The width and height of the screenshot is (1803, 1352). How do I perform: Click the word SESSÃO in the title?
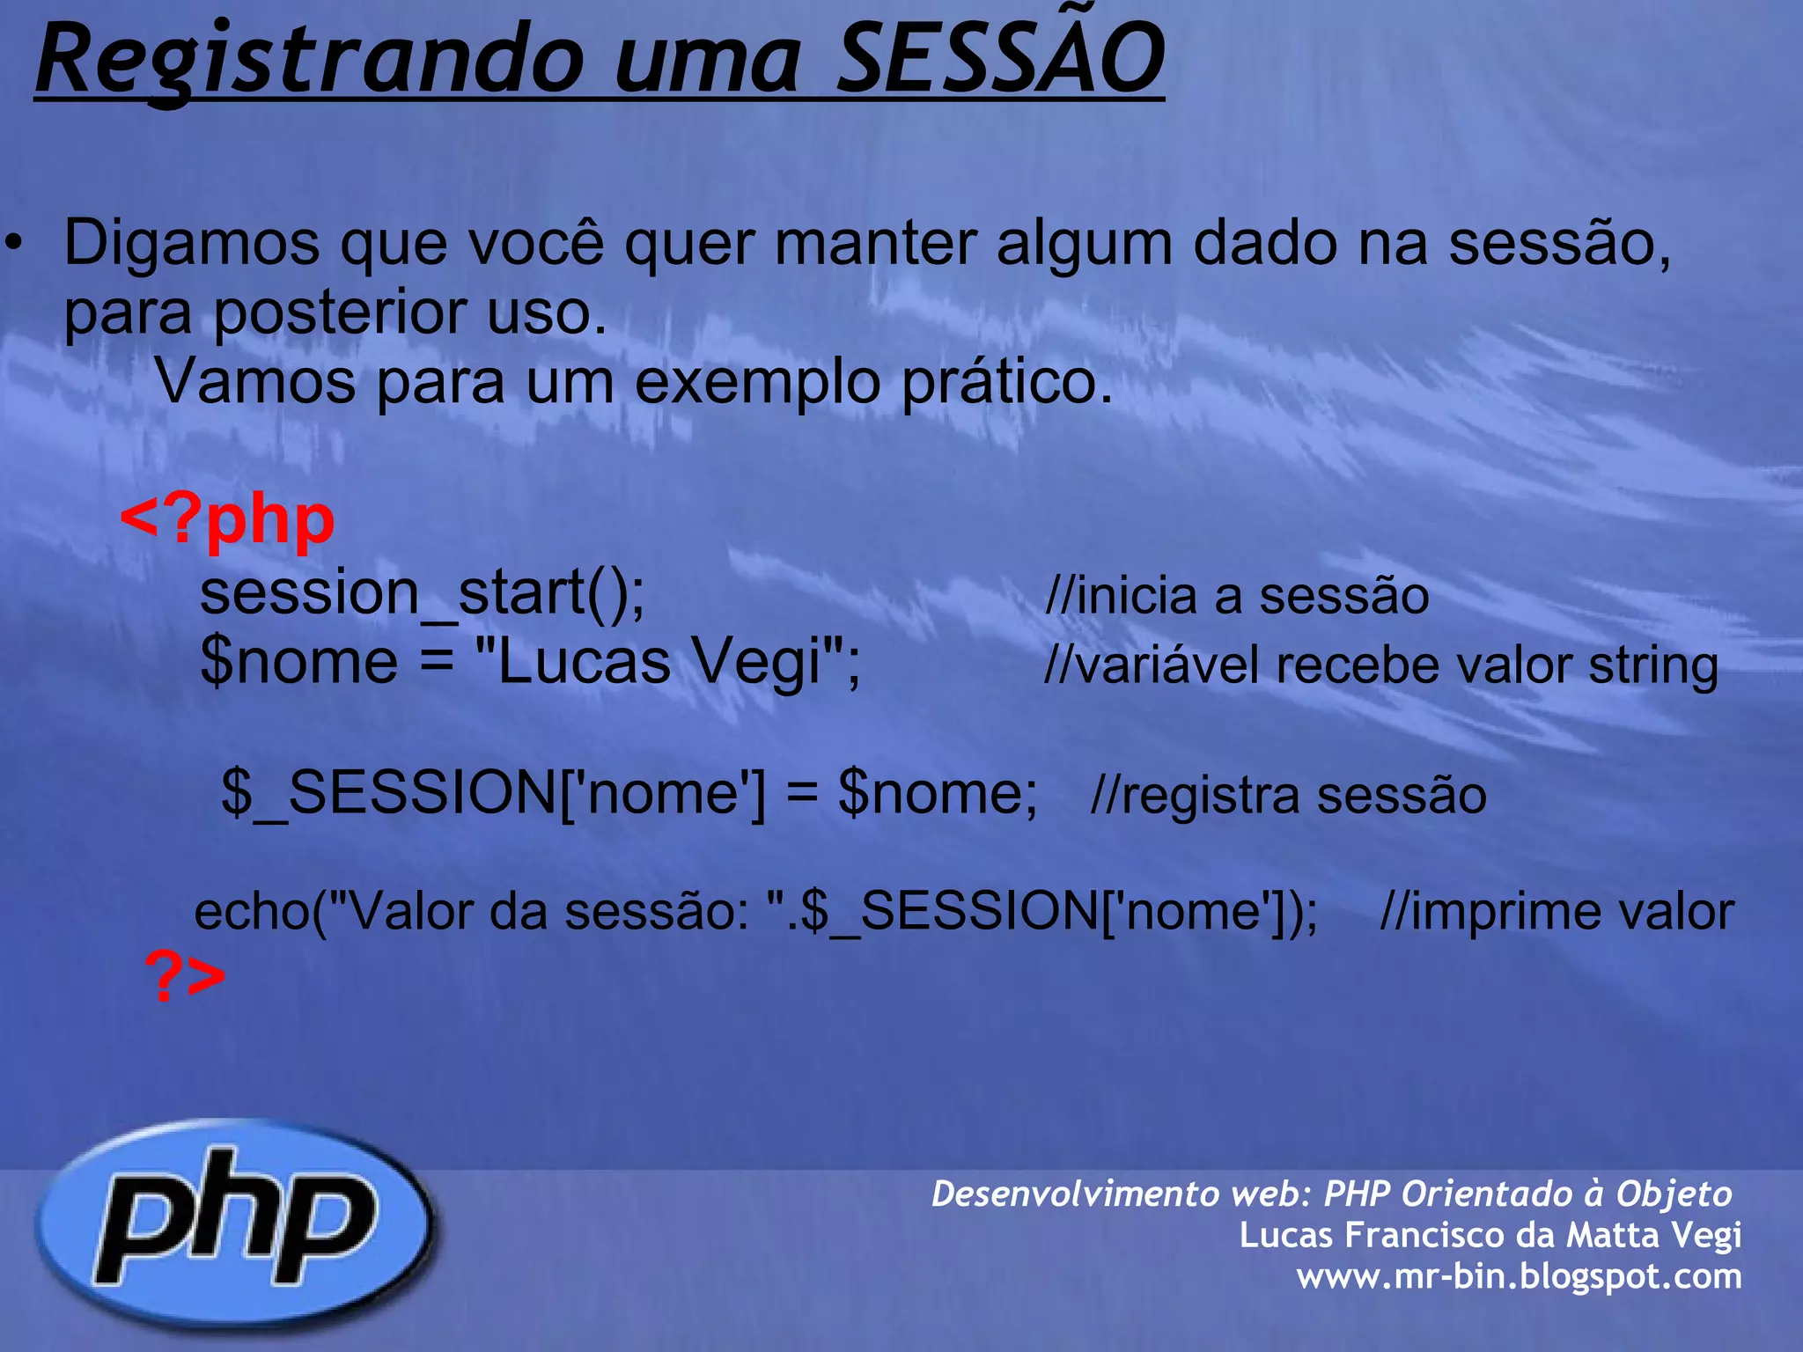1000,60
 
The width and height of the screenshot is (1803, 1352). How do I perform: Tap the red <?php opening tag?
227,521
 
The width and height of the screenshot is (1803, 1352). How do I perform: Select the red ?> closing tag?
185,976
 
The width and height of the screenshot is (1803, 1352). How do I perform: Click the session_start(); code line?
423,593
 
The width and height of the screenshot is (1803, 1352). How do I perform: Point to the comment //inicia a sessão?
1236,596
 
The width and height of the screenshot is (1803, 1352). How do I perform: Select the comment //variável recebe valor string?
1380,665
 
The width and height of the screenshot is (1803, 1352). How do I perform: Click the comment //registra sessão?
1288,796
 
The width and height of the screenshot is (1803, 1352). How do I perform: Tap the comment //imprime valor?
1556,912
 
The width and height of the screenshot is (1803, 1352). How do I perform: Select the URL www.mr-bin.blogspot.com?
1519,1276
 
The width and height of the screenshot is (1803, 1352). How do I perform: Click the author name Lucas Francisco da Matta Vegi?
1490,1235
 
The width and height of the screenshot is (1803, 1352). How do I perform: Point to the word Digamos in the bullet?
192,244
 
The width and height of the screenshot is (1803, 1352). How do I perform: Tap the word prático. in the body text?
1007,384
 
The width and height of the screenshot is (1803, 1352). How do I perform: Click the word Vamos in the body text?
255,384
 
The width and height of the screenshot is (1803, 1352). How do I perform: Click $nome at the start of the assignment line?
299,662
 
